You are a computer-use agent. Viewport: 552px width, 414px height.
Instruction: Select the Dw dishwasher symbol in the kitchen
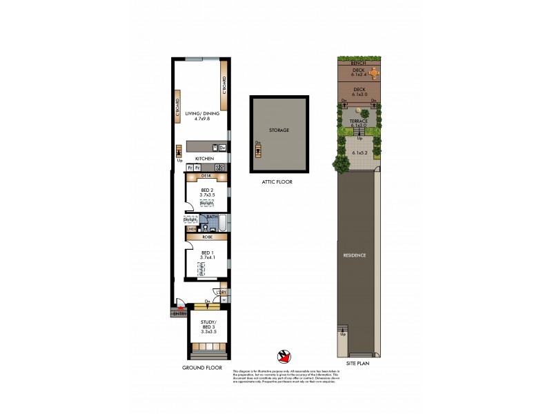[x=222, y=147]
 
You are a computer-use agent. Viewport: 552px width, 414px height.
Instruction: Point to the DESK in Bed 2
[x=206, y=176]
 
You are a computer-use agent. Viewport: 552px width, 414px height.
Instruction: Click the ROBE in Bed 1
[x=206, y=237]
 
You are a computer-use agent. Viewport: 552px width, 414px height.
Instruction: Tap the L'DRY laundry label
[x=220, y=293]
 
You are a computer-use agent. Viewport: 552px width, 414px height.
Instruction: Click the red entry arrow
[x=181, y=309]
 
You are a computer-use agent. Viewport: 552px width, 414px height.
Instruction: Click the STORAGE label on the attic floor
[x=279, y=130]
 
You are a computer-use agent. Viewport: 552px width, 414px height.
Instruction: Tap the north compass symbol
[x=284, y=356]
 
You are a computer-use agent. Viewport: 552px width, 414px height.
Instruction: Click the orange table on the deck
[x=373, y=72]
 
